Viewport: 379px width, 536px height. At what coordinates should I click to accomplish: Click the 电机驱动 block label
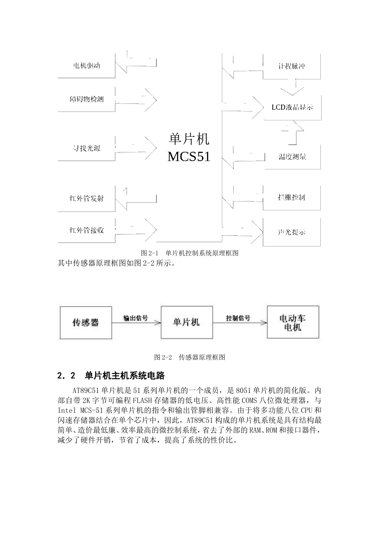tap(86, 65)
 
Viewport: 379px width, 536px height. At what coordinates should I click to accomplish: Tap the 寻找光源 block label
tap(86, 148)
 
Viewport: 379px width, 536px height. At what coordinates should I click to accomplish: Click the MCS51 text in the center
tap(189, 156)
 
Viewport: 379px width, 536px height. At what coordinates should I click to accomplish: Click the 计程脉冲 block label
tap(292, 66)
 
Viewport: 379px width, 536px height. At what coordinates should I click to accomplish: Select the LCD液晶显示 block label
tap(292, 107)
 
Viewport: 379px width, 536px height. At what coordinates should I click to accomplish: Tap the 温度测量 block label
tap(292, 157)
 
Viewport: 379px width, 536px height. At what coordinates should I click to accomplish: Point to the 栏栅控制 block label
tap(292, 197)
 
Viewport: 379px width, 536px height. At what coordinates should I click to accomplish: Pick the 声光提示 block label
tap(292, 232)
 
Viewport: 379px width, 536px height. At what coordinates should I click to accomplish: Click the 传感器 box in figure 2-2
tap(85, 322)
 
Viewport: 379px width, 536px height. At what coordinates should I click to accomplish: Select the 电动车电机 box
tap(293, 323)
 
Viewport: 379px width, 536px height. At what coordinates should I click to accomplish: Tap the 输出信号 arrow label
tap(136, 318)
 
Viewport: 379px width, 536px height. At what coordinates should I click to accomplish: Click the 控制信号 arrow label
tap(238, 318)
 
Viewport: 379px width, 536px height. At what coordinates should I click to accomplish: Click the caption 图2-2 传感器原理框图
tap(189, 357)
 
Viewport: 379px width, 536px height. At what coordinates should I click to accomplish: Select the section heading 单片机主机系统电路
tap(125, 376)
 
